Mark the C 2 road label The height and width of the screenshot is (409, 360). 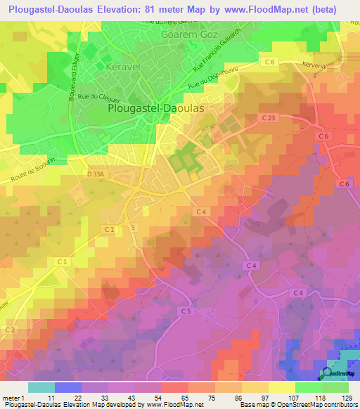click(11, 330)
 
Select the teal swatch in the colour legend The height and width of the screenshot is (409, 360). click(41, 387)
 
